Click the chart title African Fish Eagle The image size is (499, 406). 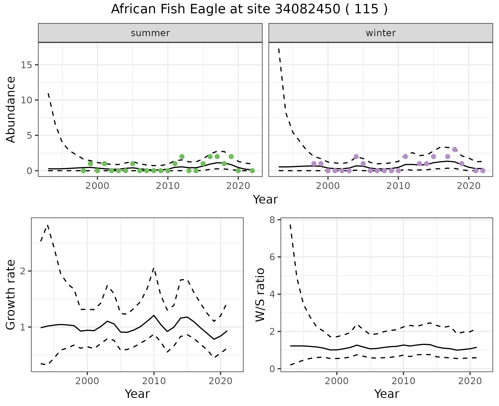(249, 9)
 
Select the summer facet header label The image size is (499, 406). (150, 33)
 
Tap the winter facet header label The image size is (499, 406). (380, 33)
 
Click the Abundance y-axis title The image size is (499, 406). (11, 110)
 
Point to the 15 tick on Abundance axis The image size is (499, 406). (27, 65)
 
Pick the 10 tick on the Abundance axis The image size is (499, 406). (27, 100)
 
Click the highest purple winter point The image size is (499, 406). (455, 149)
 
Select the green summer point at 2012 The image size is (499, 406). (182, 156)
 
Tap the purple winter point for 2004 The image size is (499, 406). (356, 156)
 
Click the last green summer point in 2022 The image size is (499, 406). (252, 171)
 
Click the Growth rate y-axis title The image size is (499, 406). (11, 295)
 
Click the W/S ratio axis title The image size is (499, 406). (260, 295)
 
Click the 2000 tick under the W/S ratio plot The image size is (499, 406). (337, 381)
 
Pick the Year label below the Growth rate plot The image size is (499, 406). (137, 394)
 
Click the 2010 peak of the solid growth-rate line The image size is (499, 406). (154, 315)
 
